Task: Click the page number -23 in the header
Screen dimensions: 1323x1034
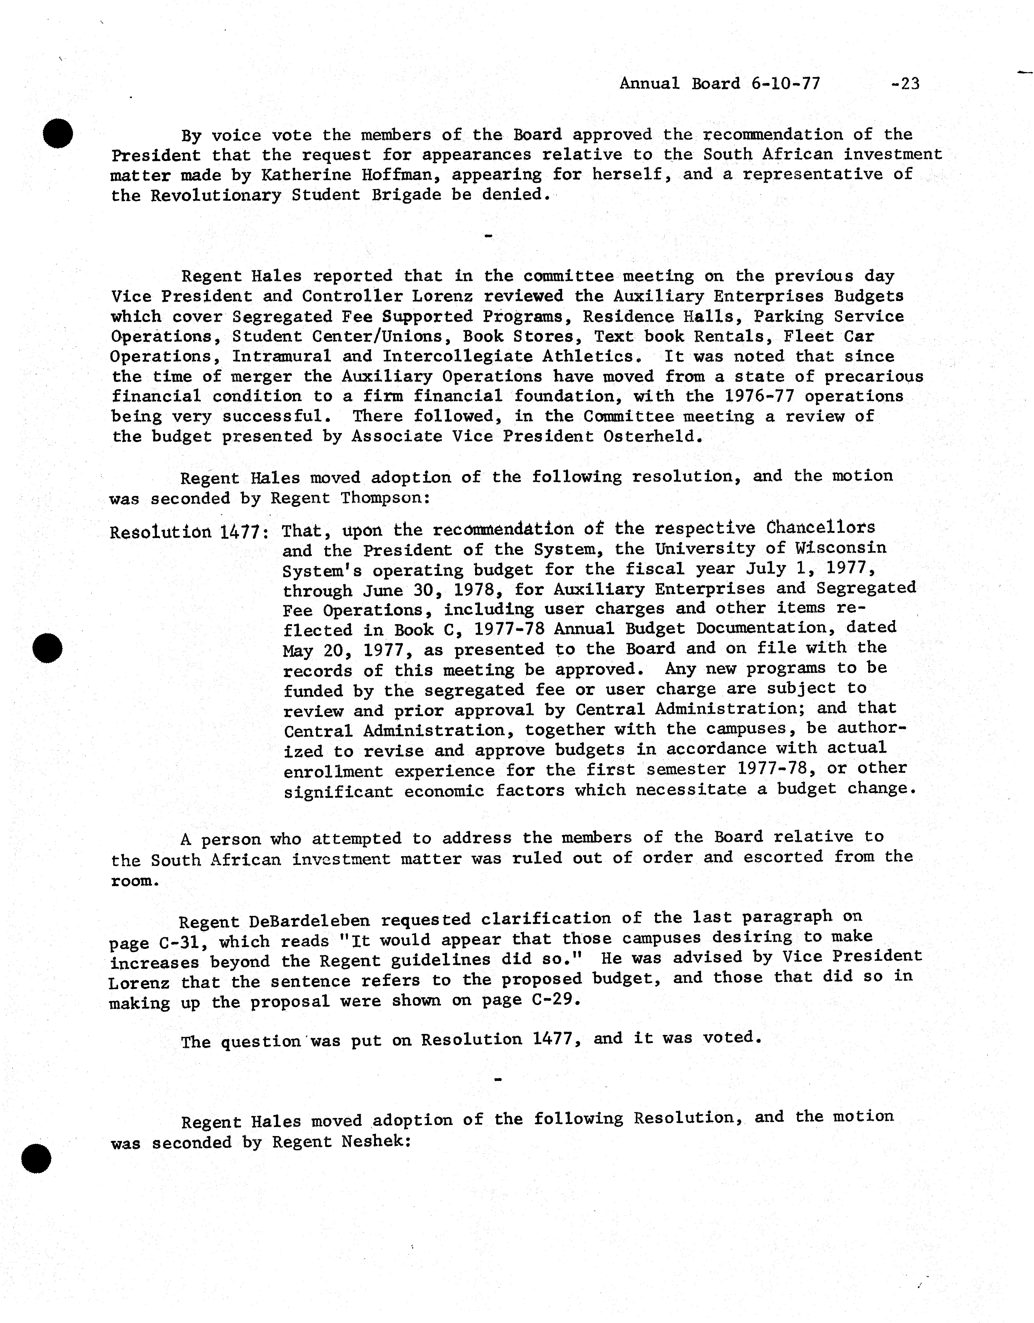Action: tap(906, 84)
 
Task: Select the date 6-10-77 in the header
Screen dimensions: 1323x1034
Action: tap(786, 84)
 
